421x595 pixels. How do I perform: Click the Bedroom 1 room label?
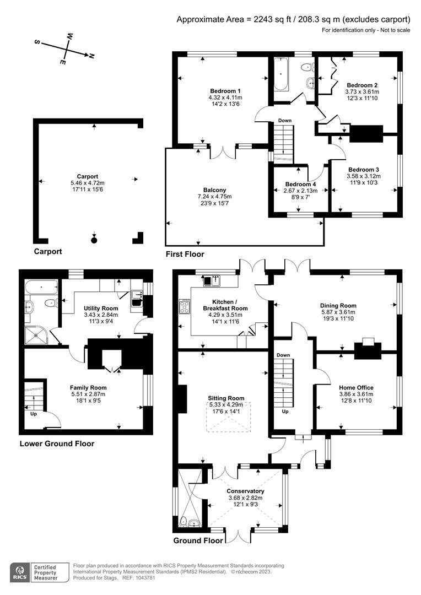pos(225,90)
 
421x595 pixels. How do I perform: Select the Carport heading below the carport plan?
pos(48,251)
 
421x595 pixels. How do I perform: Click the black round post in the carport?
pos(94,240)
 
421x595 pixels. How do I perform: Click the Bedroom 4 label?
pos(301,184)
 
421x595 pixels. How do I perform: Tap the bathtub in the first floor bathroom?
pos(280,75)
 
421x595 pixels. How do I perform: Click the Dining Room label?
pos(338,305)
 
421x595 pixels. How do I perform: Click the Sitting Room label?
pos(225,398)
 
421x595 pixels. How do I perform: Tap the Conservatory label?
pos(245,491)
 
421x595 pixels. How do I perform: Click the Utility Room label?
pos(101,307)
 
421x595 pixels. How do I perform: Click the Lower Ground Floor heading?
pos(57,443)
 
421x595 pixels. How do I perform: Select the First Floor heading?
pos(185,254)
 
